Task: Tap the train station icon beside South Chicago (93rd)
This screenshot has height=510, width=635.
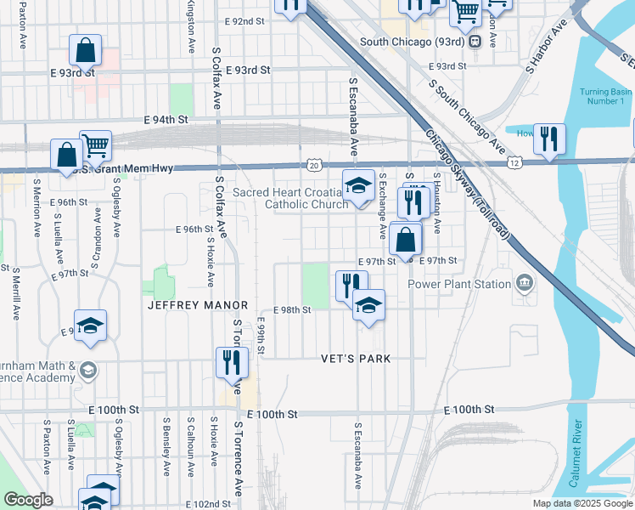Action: tap(475, 40)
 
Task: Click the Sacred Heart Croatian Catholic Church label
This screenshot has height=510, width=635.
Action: tap(289, 198)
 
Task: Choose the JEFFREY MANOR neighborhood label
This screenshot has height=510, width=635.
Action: tap(198, 304)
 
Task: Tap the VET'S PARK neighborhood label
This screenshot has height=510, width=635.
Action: tap(356, 359)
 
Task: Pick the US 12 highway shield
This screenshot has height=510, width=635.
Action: tap(513, 161)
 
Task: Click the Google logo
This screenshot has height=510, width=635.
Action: tap(29, 500)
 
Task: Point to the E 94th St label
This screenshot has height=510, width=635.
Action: tap(166, 120)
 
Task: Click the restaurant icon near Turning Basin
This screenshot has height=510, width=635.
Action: tap(549, 138)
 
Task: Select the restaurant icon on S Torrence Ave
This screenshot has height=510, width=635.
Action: tap(231, 362)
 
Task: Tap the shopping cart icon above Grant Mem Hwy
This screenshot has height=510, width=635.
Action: tap(95, 144)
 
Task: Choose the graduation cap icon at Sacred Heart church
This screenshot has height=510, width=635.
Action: tap(358, 184)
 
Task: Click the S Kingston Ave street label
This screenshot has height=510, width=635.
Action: tap(190, 24)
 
